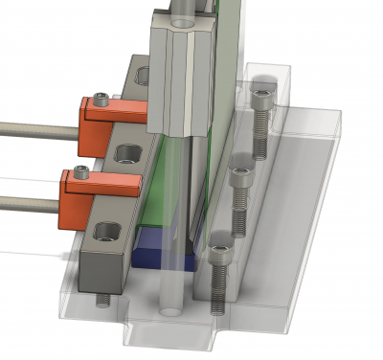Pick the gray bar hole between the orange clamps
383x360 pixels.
[x=125, y=152]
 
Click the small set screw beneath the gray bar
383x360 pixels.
[x=103, y=301]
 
